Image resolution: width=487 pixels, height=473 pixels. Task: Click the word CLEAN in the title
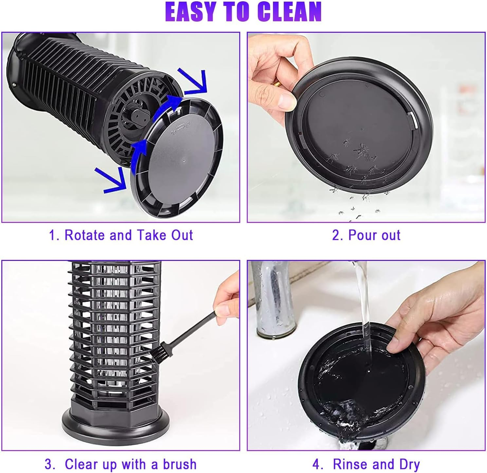(x=289, y=12)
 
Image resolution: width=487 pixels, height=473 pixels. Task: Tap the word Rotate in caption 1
(x=85, y=235)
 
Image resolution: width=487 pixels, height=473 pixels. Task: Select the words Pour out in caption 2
(x=374, y=235)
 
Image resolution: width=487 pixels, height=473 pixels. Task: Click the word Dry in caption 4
(x=409, y=464)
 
